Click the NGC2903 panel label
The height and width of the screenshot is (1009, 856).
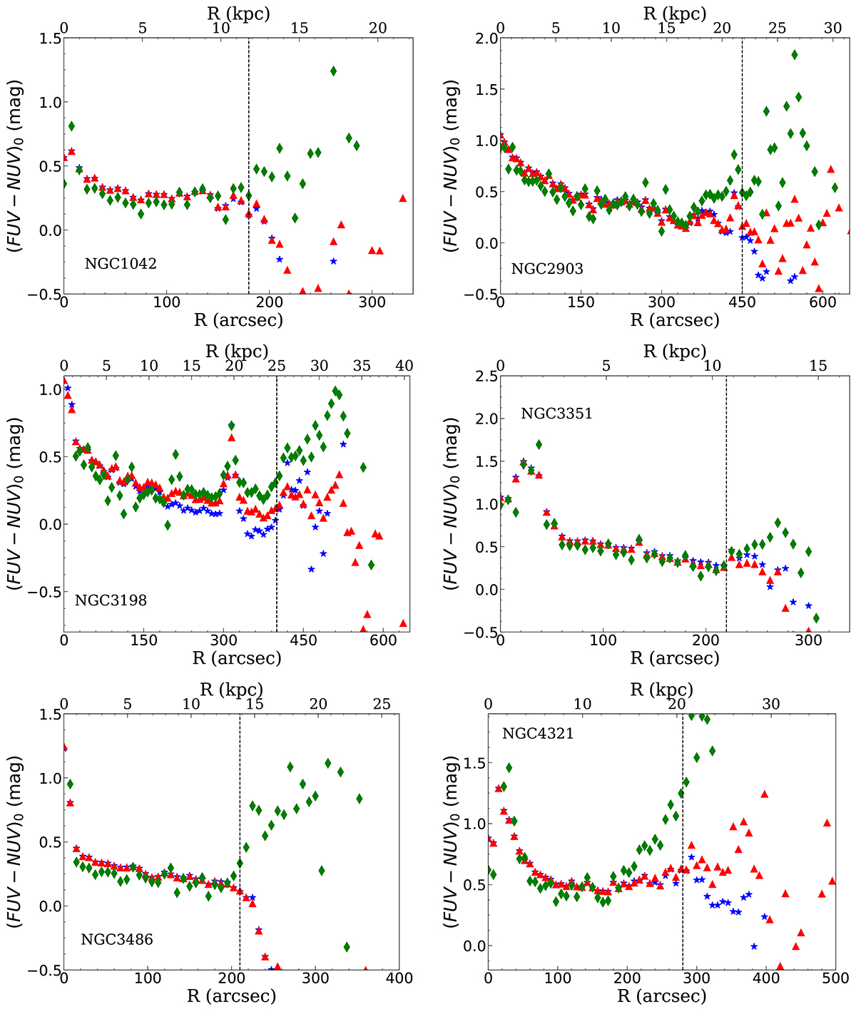pyautogui.click(x=547, y=270)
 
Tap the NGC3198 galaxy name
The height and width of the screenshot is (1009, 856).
pyautogui.click(x=111, y=600)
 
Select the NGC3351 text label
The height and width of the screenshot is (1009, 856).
pyautogui.click(x=556, y=414)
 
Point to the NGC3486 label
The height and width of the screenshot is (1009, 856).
pyautogui.click(x=117, y=939)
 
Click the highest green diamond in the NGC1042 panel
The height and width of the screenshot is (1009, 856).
pyautogui.click(x=333, y=71)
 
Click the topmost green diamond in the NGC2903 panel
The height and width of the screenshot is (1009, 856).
pyautogui.click(x=794, y=54)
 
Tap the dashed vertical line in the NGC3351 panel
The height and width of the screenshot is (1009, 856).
pyautogui.click(x=726, y=499)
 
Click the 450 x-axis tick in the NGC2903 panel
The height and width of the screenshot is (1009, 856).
pyautogui.click(x=742, y=302)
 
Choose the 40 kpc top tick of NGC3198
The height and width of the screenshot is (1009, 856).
pyautogui.click(x=404, y=367)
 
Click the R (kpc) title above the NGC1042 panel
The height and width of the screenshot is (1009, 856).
pyautogui.click(x=238, y=12)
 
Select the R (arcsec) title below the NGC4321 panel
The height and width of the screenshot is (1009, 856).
pyautogui.click(x=663, y=996)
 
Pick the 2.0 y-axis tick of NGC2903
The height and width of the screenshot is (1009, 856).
pyautogui.click(x=481, y=38)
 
